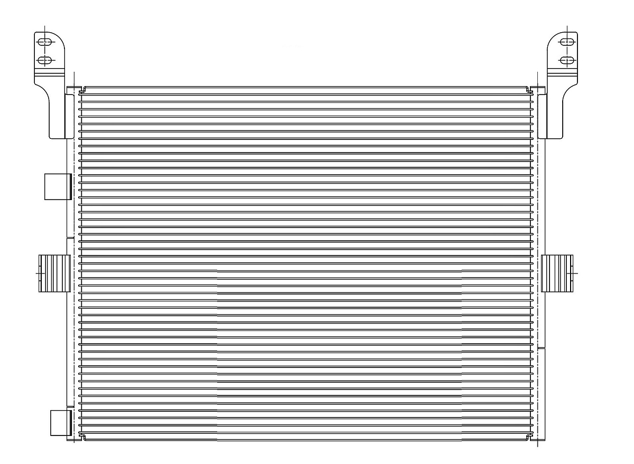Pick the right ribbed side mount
tap(557, 273)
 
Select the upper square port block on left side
tap(57, 186)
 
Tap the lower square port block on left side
tap(60, 422)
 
